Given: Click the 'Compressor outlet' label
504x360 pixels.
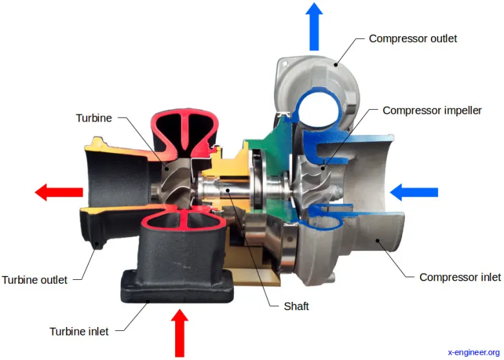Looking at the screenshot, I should pyautogui.click(x=412, y=39).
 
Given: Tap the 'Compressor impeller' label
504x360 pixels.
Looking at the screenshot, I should pyautogui.click(x=432, y=111).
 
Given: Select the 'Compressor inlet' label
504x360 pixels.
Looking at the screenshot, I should pyautogui.click(x=459, y=277).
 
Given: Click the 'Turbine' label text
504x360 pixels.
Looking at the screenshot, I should pyautogui.click(x=94, y=118).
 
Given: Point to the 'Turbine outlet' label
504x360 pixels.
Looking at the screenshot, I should pyautogui.click(x=35, y=280).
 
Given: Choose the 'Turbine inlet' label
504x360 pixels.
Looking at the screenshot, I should pyautogui.click(x=79, y=332).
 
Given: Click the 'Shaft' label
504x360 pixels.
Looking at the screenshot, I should pyautogui.click(x=297, y=306).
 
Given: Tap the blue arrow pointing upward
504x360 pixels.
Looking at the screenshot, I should pyautogui.click(x=315, y=26).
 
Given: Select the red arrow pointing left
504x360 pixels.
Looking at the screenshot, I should pyautogui.click(x=59, y=192).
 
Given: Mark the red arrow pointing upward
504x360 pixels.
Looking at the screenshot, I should pyautogui.click(x=180, y=332).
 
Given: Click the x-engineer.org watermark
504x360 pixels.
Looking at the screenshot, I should pyautogui.click(x=474, y=352).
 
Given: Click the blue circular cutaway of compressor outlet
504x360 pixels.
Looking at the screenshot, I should pyautogui.click(x=316, y=107).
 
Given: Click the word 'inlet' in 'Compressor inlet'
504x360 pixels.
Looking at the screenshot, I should pyautogui.click(x=488, y=277).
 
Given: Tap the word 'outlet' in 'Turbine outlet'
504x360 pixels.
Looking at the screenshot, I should pyautogui.click(x=52, y=280).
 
